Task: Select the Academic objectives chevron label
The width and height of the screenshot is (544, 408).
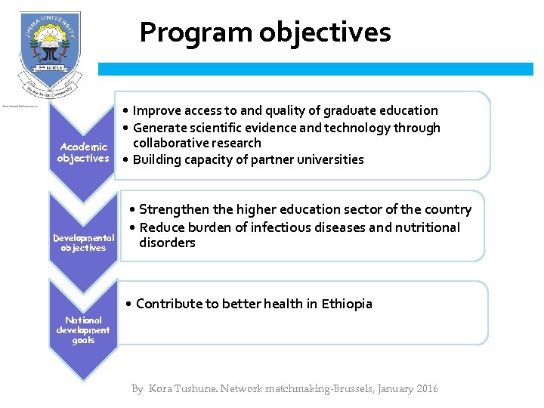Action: tap(83, 152)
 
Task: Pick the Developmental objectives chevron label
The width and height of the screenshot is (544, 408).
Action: tap(83, 243)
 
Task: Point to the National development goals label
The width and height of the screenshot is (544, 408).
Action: tap(83, 330)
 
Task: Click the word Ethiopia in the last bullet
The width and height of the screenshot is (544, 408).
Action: tap(347, 304)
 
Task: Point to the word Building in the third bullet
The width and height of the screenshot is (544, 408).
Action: tap(158, 159)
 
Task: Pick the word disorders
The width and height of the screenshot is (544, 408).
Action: tap(167, 243)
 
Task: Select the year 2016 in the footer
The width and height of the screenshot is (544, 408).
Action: tap(426, 388)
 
